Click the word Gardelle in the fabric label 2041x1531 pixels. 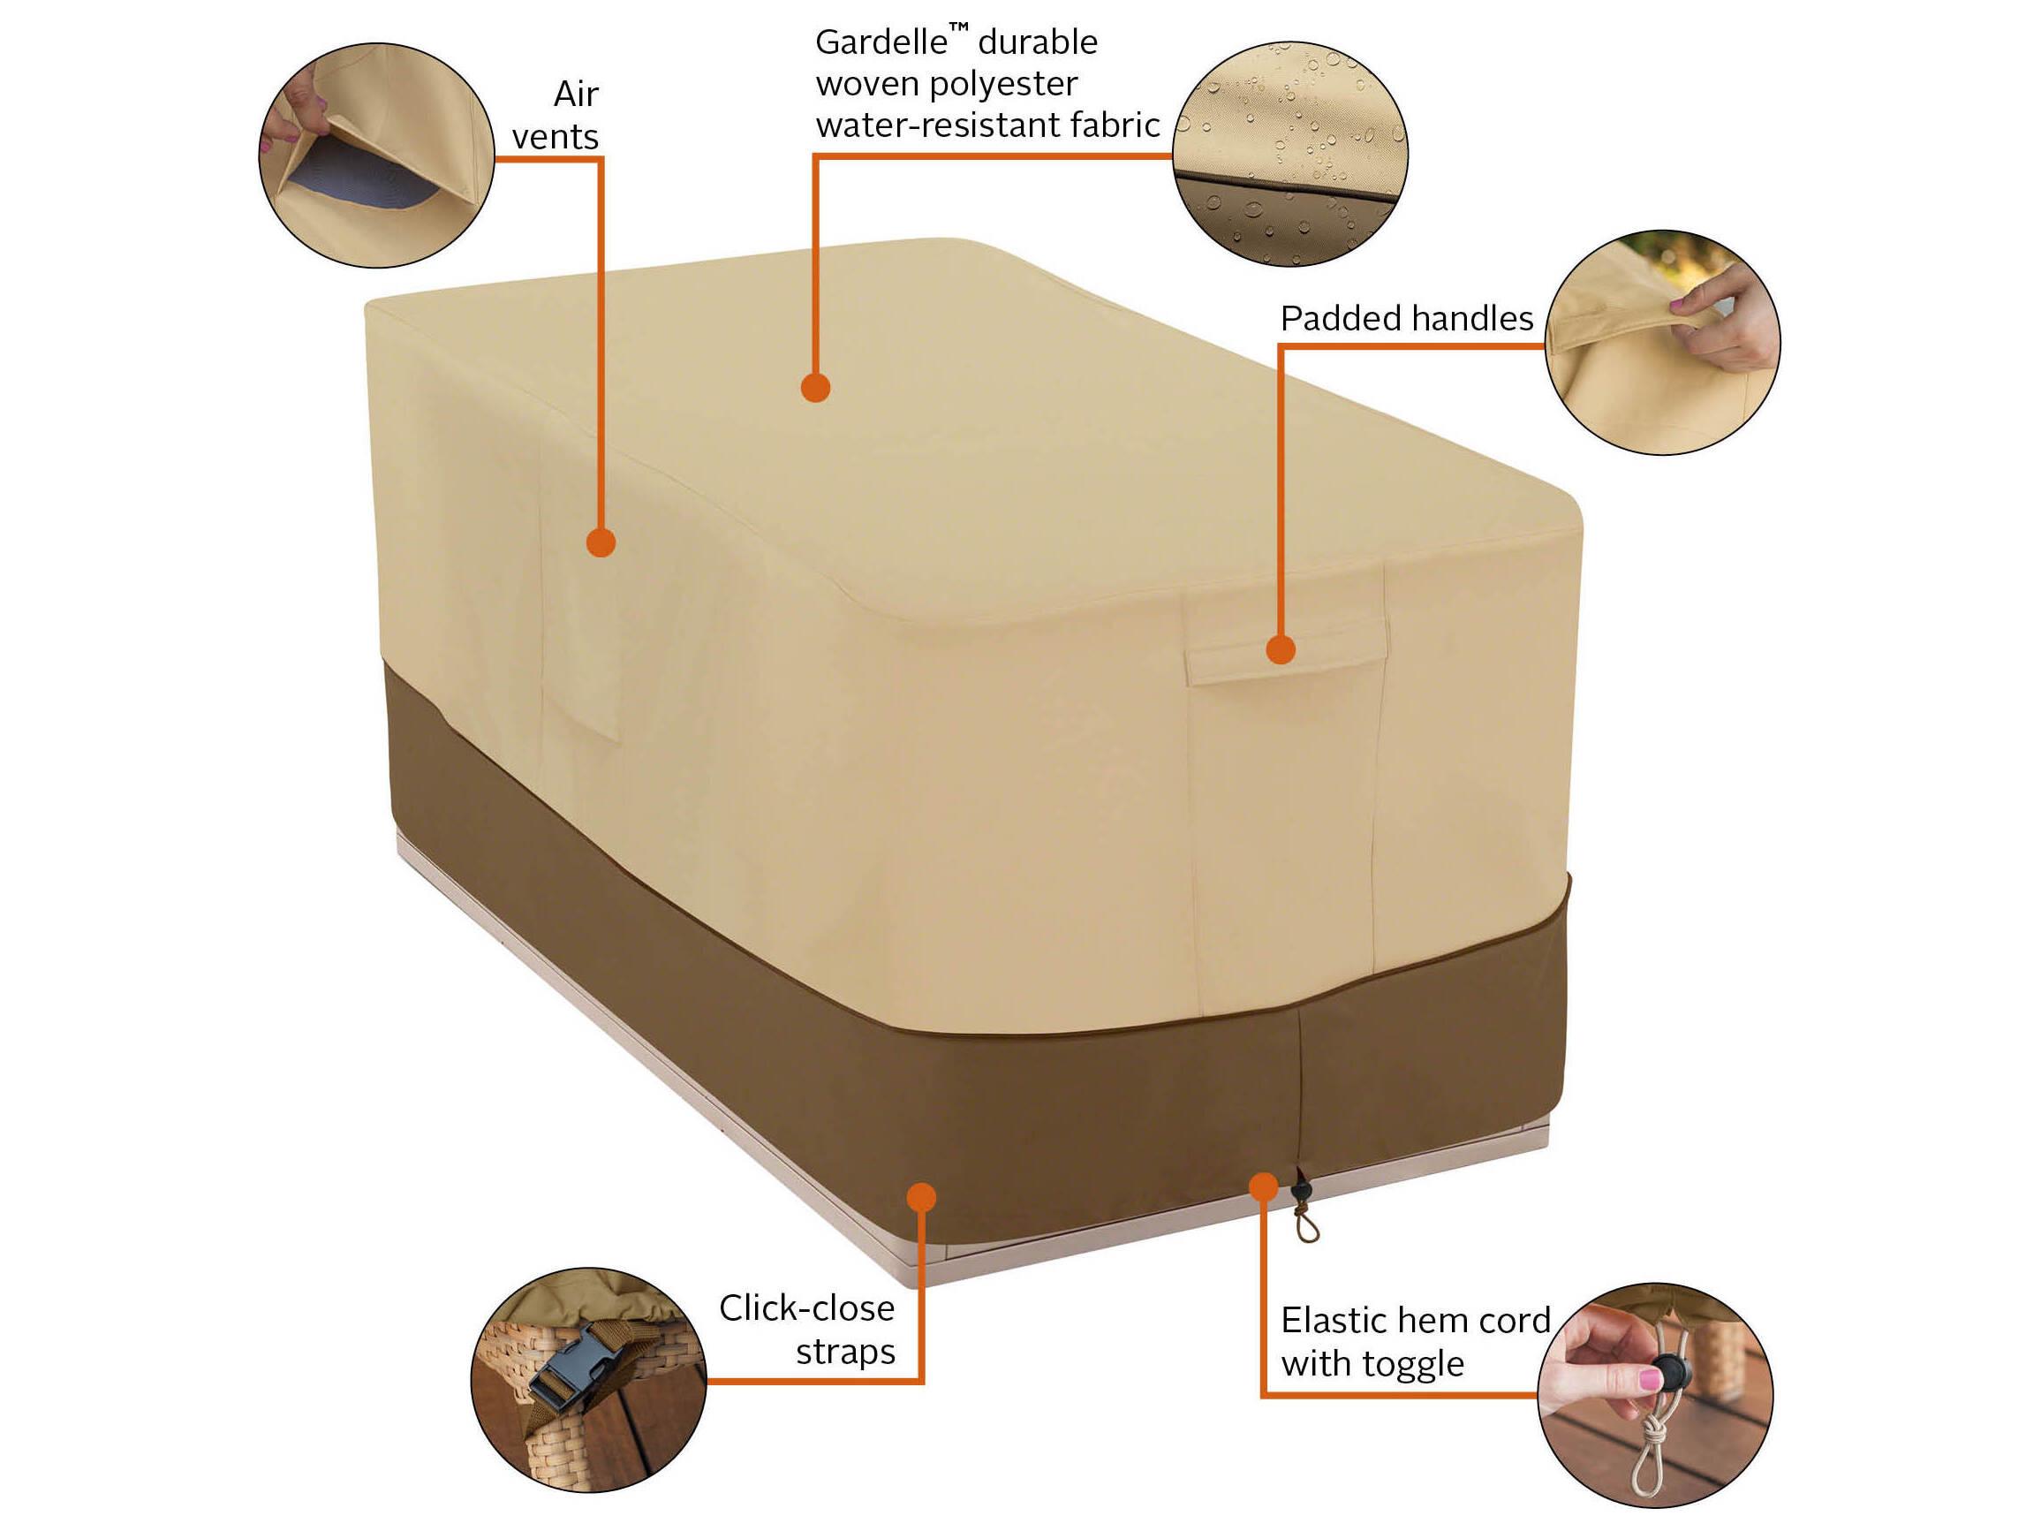click(x=881, y=42)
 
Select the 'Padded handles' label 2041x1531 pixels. click(x=1406, y=318)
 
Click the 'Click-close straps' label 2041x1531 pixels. click(x=807, y=1330)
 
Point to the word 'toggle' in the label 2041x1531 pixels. click(x=1417, y=1364)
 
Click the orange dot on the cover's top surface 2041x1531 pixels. click(x=816, y=387)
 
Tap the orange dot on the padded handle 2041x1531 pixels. click(x=1281, y=649)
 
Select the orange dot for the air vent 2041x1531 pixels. click(x=601, y=542)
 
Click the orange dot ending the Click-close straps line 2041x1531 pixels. click(x=921, y=1198)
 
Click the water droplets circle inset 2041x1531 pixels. click(x=1290, y=154)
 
